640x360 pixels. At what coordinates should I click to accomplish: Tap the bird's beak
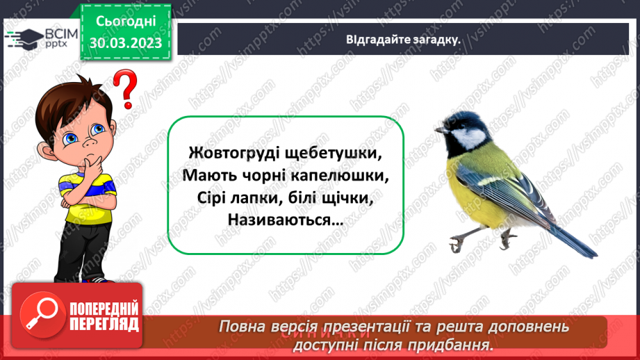[440, 129]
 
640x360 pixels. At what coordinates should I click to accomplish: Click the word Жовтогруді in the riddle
[226, 152]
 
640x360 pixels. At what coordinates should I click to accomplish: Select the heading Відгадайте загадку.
[403, 39]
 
